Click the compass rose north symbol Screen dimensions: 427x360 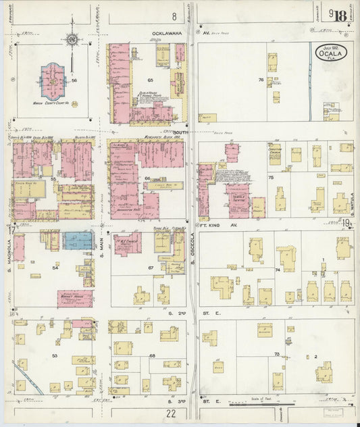point(72,40)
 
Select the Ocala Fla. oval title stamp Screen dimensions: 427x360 point(330,53)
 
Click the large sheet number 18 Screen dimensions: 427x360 point(339,16)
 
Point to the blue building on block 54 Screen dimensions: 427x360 point(78,241)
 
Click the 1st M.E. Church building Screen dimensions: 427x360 point(128,243)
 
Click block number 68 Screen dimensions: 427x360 point(153,355)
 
